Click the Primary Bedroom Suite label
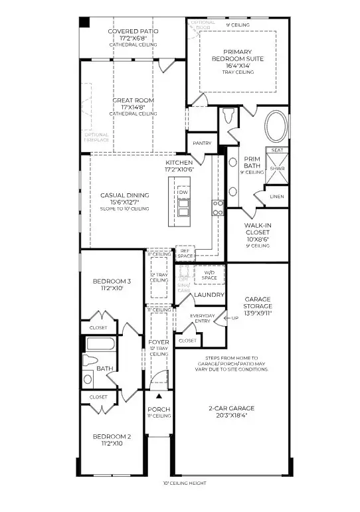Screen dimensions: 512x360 pyautogui.click(x=242, y=58)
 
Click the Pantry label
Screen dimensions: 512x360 pyautogui.click(x=202, y=143)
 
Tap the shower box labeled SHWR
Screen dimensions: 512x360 pyautogui.click(x=277, y=169)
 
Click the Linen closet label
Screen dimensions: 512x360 pyautogui.click(x=277, y=196)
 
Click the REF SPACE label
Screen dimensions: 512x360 pyautogui.click(x=185, y=253)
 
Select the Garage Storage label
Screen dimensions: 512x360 pyautogui.click(x=258, y=305)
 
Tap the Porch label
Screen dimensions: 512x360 pyautogui.click(x=159, y=412)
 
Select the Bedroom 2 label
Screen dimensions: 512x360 pyautogui.click(x=112, y=440)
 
